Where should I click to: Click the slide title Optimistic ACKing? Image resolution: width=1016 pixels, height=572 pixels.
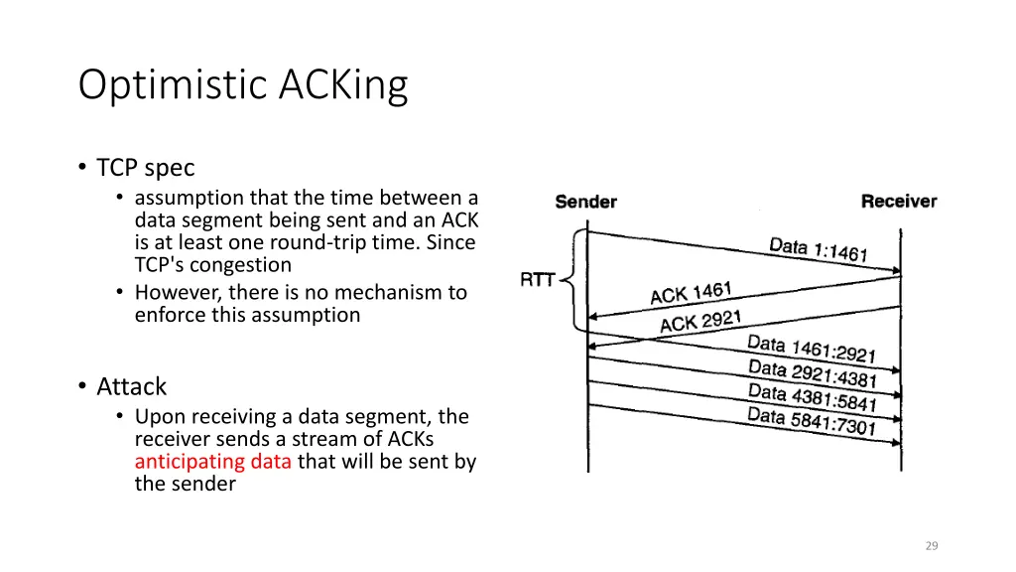[x=243, y=85]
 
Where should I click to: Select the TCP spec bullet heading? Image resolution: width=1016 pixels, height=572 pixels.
[x=145, y=167]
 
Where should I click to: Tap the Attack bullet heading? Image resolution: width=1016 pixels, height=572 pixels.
[x=132, y=386]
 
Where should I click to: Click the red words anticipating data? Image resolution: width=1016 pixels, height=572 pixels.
[x=213, y=461]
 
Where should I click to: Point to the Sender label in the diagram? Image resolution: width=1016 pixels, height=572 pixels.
[x=585, y=202]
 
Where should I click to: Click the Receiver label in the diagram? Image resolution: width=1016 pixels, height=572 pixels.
[x=899, y=201]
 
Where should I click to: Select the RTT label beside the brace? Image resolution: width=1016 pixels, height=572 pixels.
[x=538, y=279]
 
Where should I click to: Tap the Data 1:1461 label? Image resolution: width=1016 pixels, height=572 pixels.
[x=819, y=249]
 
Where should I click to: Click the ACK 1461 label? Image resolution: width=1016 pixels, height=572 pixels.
[x=691, y=293]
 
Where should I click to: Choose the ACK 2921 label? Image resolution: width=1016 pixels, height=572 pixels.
[x=700, y=321]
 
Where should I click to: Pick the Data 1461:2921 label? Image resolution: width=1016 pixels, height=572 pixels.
[x=812, y=349]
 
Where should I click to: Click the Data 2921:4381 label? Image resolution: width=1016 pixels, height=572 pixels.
[x=813, y=373]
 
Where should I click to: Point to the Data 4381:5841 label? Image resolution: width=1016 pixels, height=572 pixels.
[x=813, y=397]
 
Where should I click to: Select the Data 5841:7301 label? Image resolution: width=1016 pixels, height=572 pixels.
[x=812, y=421]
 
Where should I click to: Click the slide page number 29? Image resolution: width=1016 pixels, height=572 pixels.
[x=932, y=546]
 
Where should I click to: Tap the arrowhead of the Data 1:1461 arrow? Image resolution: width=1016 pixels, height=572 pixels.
[x=897, y=270]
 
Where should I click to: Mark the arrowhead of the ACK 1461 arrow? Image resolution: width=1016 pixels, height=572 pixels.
[x=592, y=317]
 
